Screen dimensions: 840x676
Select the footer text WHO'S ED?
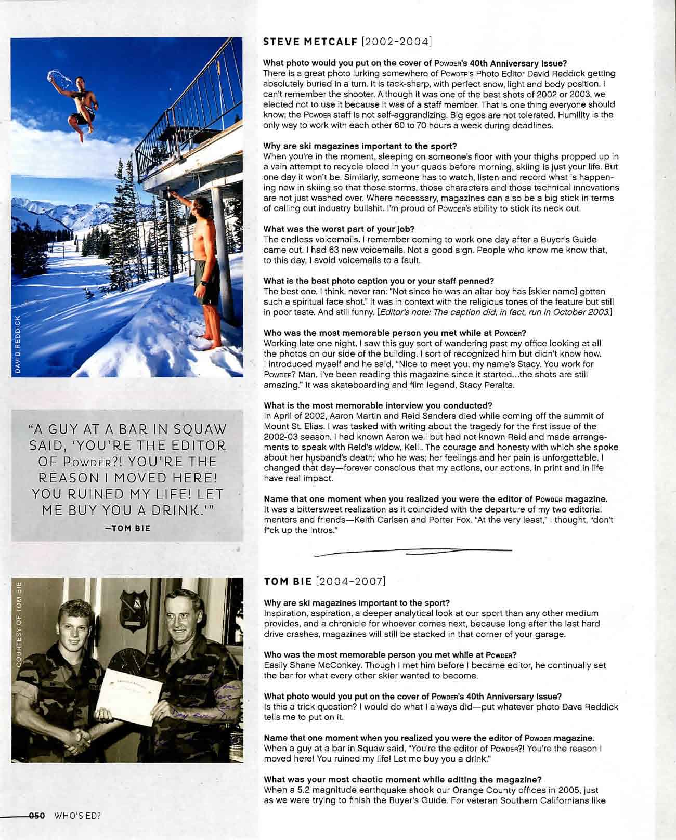point(76,830)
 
